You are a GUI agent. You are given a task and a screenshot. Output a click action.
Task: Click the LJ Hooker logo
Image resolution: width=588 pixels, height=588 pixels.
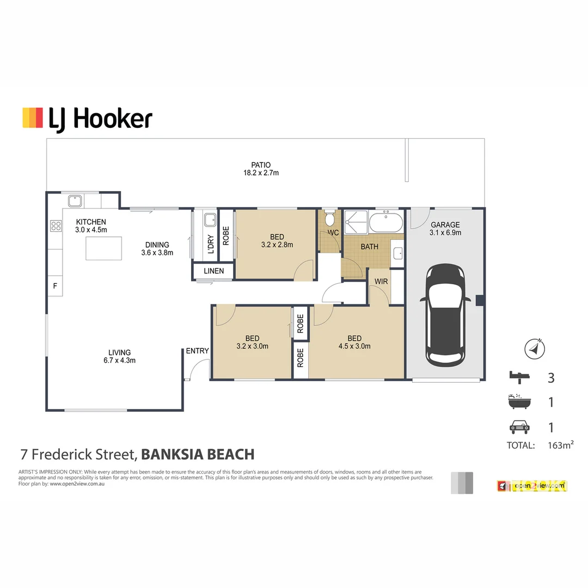[x=87, y=118]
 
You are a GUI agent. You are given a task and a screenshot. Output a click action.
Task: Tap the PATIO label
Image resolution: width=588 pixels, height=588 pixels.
[x=261, y=169]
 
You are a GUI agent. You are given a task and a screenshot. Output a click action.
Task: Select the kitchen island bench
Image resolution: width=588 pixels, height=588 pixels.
[x=103, y=249]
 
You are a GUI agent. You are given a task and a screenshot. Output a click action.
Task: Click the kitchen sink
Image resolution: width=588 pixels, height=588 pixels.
[x=75, y=200]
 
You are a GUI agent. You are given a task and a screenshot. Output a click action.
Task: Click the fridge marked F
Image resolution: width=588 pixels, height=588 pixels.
[x=54, y=285]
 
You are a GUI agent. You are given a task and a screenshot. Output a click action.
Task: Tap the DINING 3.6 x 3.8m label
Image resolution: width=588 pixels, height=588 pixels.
[x=157, y=248]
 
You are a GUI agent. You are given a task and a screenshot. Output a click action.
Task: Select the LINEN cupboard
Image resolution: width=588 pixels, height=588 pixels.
[x=213, y=271]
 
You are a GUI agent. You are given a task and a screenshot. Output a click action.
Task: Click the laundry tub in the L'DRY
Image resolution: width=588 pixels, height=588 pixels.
[x=210, y=220]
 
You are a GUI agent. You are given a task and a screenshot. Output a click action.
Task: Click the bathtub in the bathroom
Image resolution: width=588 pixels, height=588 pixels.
[x=386, y=222]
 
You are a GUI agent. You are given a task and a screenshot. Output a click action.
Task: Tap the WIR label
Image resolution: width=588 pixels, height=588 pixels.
[x=381, y=281]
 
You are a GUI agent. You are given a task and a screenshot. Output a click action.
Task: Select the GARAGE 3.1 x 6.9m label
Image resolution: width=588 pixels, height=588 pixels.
[x=445, y=228]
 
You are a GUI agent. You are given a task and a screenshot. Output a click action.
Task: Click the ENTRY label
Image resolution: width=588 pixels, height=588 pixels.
[x=197, y=351]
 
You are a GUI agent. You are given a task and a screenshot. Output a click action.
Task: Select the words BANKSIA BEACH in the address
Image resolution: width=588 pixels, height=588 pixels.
[x=198, y=454]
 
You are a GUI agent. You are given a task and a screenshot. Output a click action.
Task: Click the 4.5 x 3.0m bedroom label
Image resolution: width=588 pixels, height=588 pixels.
[x=354, y=342]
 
